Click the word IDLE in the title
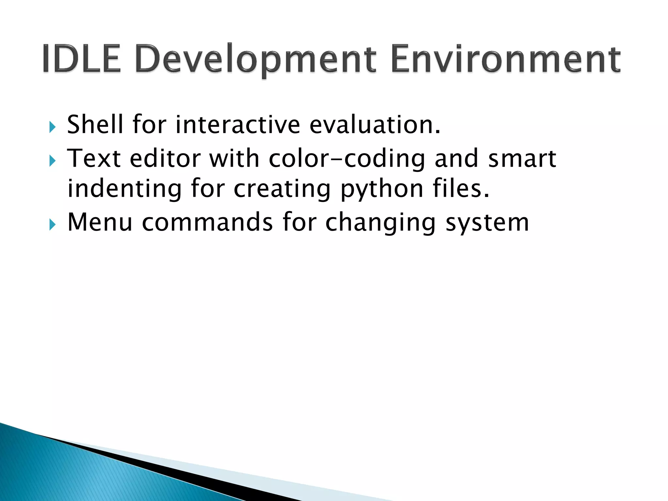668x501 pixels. pyautogui.click(x=82, y=59)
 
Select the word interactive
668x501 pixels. pyautogui.click(x=238, y=125)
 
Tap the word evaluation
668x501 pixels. pyautogui.click(x=375, y=125)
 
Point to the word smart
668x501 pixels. pyautogui.click(x=522, y=159)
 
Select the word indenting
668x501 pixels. pyautogui.click(x=124, y=189)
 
